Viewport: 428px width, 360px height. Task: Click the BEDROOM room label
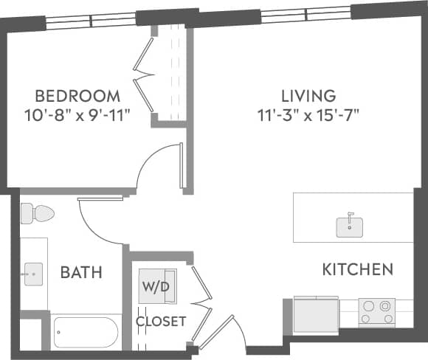[77, 96]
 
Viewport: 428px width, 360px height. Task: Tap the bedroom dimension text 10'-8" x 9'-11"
[77, 115]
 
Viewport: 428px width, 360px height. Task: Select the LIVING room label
[308, 96]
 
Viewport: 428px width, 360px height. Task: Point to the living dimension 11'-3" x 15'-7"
[308, 115]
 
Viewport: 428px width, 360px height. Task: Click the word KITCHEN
[358, 269]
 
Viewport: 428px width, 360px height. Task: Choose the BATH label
[81, 273]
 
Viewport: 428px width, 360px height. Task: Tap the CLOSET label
[161, 322]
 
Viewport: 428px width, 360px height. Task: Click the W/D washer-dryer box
[157, 286]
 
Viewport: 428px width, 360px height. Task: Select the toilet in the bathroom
[37, 213]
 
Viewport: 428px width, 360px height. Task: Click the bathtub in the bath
[86, 333]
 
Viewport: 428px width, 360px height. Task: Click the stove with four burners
[376, 312]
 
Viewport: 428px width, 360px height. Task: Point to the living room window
[306, 14]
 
